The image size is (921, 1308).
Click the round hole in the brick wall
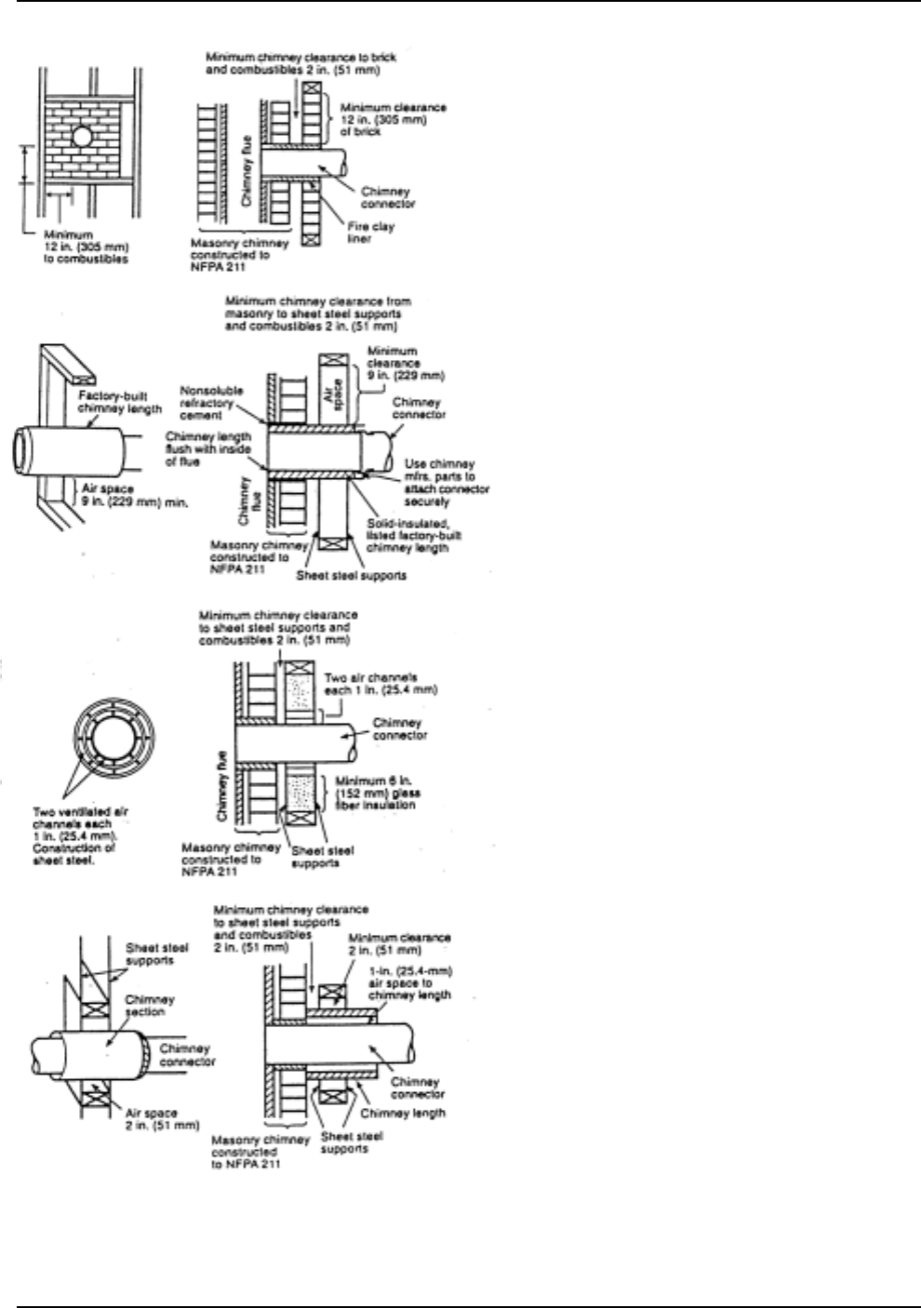pyautogui.click(x=82, y=137)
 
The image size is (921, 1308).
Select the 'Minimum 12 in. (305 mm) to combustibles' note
pyautogui.click(x=86, y=247)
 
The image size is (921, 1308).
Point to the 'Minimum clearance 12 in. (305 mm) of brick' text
pyautogui.click(x=393, y=119)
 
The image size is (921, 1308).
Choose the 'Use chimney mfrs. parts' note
pyautogui.click(x=446, y=482)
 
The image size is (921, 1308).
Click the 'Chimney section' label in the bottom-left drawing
pyautogui.click(x=150, y=1006)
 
